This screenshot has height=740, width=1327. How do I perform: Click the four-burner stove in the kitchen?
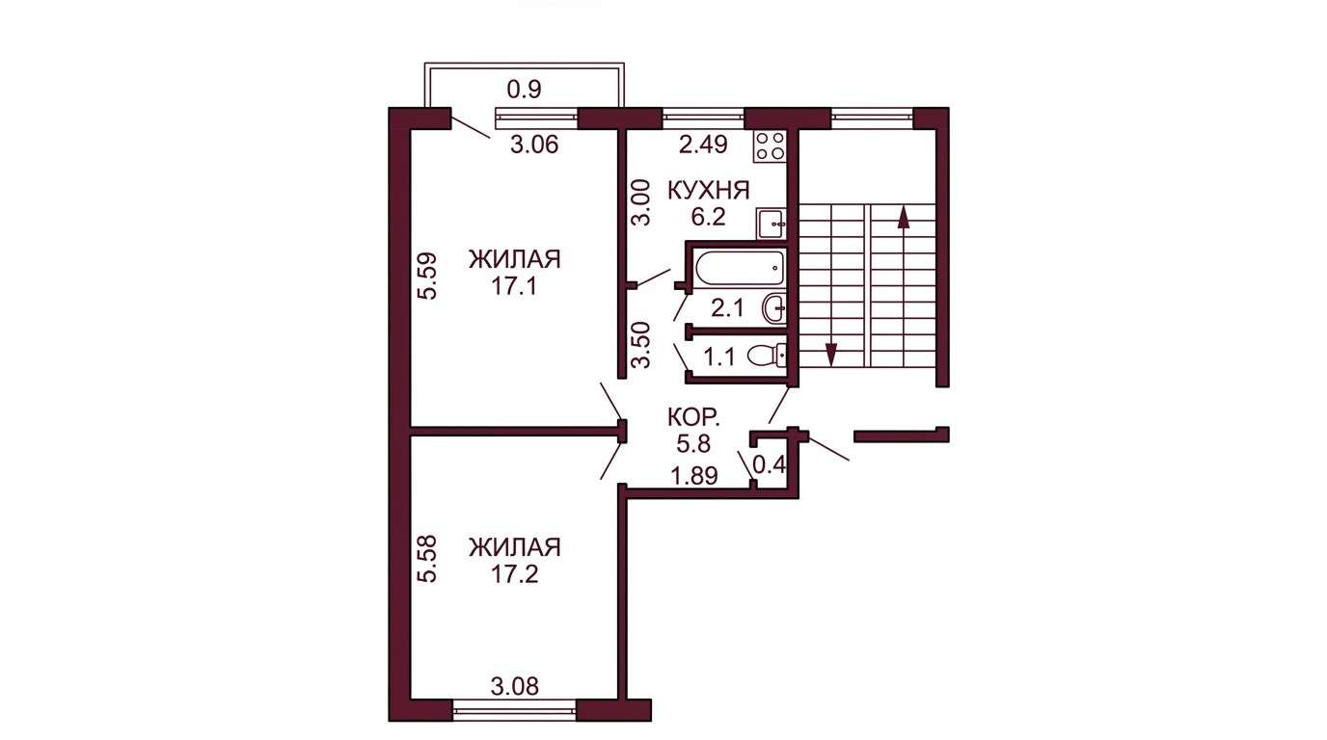[771, 145]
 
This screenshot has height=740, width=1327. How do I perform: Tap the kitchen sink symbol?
[772, 224]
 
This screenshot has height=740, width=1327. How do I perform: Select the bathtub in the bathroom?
[740, 268]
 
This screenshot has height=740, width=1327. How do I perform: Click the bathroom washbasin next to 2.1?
[774, 307]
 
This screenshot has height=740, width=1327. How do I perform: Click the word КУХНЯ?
[709, 191]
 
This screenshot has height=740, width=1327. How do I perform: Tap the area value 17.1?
[514, 287]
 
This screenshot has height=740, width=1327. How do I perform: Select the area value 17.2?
[515, 575]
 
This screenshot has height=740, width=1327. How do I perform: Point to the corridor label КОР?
[693, 418]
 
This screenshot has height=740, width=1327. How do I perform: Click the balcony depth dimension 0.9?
[525, 90]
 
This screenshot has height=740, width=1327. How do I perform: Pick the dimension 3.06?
[534, 145]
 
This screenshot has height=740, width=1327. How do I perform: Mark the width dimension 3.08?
[515, 686]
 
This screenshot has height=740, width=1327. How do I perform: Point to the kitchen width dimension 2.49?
[703, 145]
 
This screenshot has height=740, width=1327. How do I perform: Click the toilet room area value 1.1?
[719, 357]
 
